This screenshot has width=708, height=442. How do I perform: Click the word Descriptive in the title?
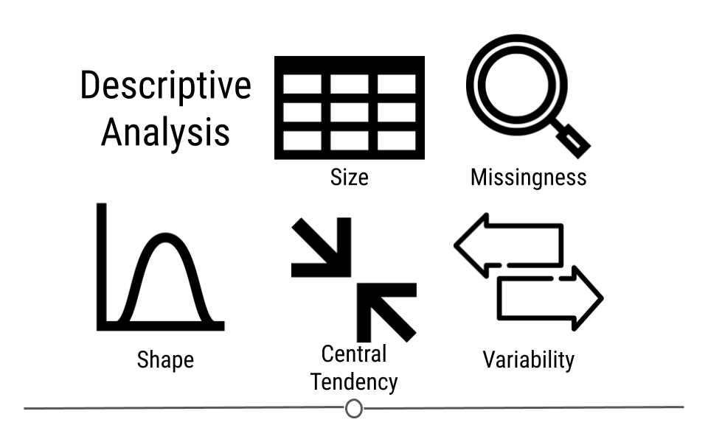coord(165,86)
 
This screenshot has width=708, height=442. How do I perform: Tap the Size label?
coord(349,178)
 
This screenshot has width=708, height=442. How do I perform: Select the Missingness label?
coord(528,178)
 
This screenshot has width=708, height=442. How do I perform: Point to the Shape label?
coord(165,360)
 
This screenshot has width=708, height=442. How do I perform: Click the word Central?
coord(353,354)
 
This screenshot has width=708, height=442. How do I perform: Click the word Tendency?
coord(354,382)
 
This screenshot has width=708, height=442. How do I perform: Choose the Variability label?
coord(528,360)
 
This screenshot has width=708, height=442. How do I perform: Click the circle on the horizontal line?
coord(354,409)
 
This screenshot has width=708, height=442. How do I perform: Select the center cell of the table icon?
coord(350,113)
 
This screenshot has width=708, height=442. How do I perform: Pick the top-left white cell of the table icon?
coord(302,84)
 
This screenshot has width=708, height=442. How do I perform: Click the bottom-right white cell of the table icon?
coord(397,141)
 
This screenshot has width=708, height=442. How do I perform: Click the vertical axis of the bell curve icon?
coord(102,266)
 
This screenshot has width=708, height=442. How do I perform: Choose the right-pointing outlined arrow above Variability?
coord(550,298)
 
